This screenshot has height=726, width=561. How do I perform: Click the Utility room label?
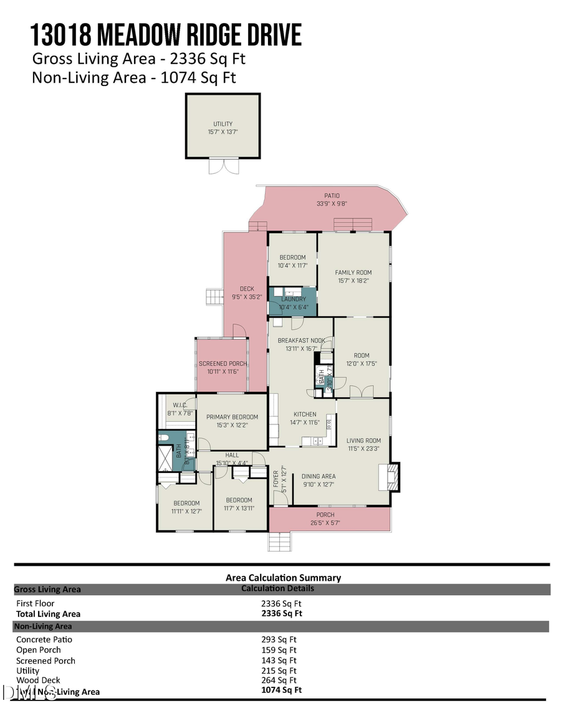pos(223,124)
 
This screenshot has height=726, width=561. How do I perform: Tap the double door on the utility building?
pos(223,165)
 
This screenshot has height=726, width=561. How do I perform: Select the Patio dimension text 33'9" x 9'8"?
pos(332,203)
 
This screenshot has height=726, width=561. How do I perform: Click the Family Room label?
pos(353,272)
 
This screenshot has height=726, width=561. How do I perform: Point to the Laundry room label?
pos(294,299)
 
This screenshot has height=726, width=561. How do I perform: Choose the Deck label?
pos(247,289)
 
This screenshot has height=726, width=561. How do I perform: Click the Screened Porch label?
pos(223,363)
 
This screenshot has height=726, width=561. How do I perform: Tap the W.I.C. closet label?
pos(176,404)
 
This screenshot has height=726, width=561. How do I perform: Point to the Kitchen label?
pos(305,414)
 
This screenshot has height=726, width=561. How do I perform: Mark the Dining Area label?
pos(319,476)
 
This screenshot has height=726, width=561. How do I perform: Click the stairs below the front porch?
pos(280,542)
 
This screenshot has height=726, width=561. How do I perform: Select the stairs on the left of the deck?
pos(214,297)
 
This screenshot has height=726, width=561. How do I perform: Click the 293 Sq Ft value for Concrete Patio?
pos(279,639)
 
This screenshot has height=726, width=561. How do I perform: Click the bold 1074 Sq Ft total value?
pos(281,690)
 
